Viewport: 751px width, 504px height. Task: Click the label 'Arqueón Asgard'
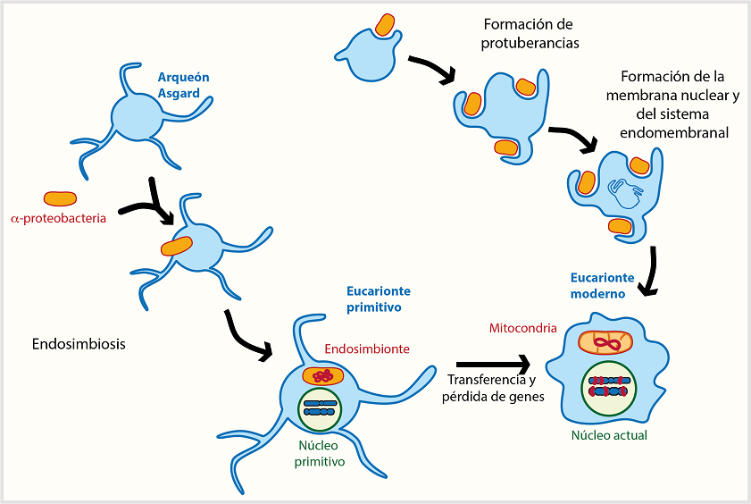point(183,85)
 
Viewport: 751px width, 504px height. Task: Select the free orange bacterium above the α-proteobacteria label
point(60,197)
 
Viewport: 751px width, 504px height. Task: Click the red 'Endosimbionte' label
point(367,349)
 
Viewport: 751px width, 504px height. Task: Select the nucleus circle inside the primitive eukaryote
point(321,407)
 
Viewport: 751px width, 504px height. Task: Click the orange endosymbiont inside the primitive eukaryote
point(322,375)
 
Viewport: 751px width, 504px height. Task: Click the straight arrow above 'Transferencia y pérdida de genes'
point(491,365)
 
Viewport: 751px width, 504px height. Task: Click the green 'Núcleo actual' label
point(608,435)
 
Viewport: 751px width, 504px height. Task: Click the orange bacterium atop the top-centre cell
point(385,24)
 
